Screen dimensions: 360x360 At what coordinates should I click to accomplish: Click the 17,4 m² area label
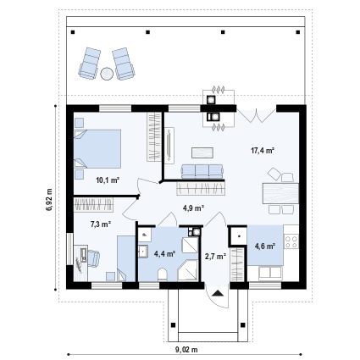(263, 151)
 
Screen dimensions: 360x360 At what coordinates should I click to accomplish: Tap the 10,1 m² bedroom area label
(108, 180)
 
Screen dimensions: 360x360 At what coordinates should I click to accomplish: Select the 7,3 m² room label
(100, 224)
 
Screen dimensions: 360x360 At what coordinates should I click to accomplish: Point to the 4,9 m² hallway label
(193, 208)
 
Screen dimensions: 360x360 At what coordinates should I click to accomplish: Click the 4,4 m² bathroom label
(164, 253)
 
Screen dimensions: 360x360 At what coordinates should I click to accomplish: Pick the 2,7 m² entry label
(215, 257)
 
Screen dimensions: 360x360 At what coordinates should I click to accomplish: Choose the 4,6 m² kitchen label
(265, 246)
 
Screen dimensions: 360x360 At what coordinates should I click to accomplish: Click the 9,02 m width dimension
(186, 350)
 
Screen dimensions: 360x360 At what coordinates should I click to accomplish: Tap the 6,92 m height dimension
(49, 200)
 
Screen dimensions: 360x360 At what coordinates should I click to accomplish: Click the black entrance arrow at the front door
(218, 293)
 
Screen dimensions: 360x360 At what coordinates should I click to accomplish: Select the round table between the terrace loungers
(107, 74)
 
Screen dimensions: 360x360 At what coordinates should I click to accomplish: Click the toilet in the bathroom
(163, 274)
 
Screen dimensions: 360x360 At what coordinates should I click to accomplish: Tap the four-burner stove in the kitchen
(291, 241)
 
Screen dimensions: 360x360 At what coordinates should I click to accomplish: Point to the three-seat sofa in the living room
(202, 172)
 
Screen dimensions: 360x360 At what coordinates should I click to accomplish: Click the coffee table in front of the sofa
(202, 152)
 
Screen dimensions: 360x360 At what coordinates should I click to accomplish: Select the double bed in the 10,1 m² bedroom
(97, 149)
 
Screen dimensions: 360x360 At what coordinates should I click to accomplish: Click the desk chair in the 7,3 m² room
(94, 258)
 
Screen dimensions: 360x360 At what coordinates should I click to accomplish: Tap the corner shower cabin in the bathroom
(188, 270)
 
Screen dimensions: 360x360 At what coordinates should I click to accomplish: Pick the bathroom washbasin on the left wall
(143, 252)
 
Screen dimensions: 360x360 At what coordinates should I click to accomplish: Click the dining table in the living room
(280, 193)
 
